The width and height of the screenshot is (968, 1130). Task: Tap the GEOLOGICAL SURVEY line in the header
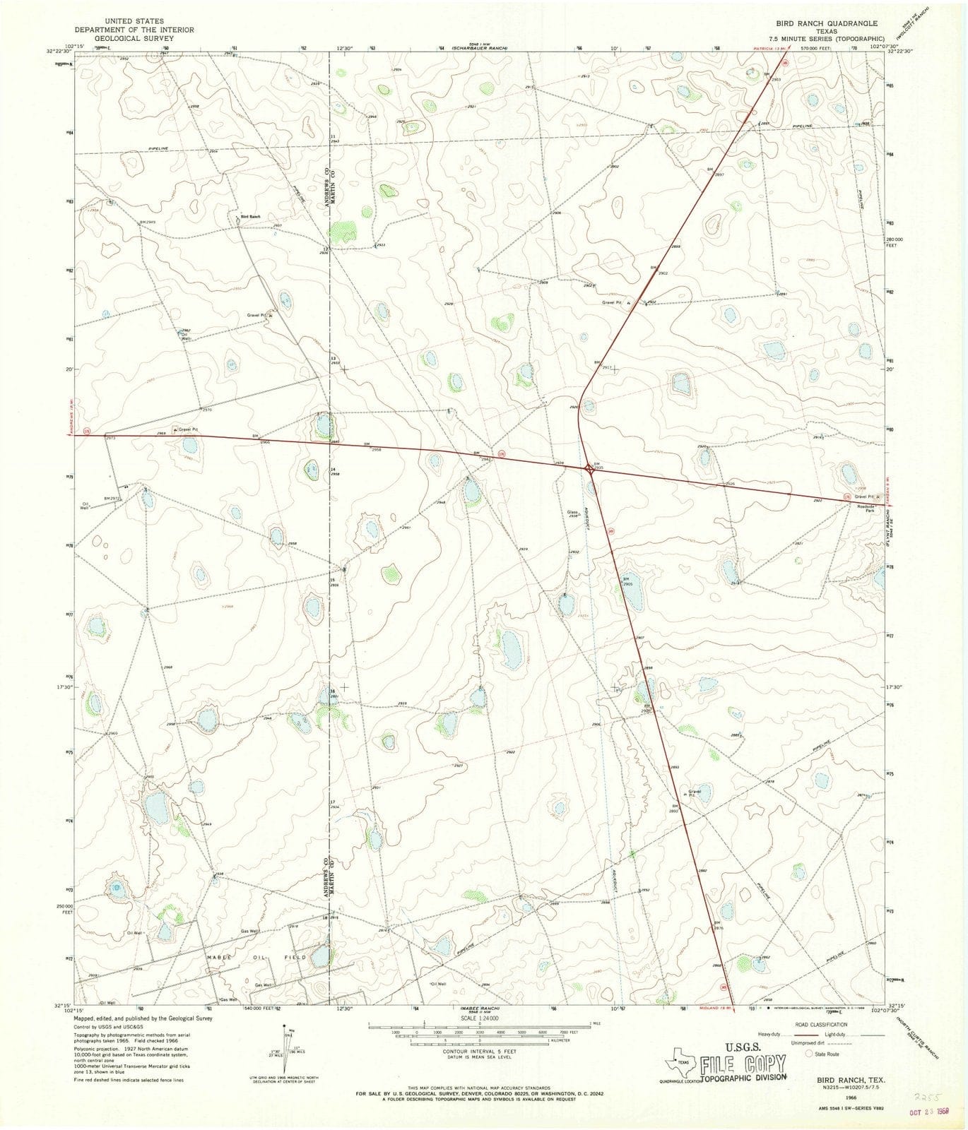134,38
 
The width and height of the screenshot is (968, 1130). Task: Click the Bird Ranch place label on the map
250,216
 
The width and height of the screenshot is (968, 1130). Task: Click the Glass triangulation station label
572,513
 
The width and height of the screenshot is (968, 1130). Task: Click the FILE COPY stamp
742,1063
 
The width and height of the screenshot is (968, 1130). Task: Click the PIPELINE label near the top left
159,148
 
